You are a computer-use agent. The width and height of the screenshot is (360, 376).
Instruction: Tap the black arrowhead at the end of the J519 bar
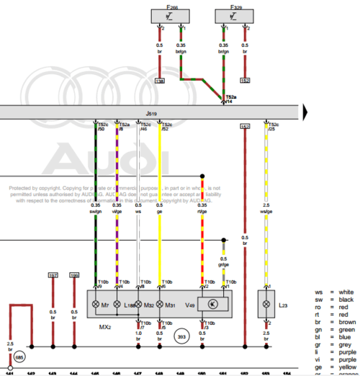tap(306, 111)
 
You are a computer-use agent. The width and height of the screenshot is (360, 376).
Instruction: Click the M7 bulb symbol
tap(97, 305)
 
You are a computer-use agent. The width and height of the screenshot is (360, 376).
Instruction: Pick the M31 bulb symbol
tap(159, 305)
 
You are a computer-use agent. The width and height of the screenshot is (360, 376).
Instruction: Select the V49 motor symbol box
tap(212, 305)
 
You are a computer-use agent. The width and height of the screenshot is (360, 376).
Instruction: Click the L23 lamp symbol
tap(267, 305)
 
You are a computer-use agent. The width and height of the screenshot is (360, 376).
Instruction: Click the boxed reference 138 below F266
tap(160, 81)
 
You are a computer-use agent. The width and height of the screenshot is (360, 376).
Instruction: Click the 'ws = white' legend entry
tap(336, 292)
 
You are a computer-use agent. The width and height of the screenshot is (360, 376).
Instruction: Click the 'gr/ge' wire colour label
tap(224, 264)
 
